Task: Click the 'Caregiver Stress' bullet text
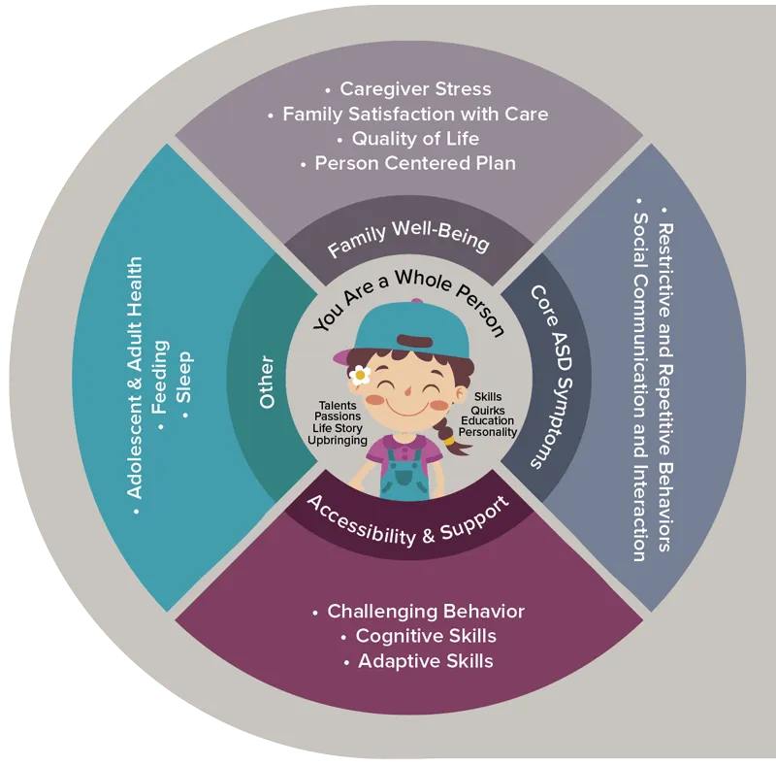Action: tap(415, 89)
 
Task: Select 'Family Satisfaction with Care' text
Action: tap(415, 115)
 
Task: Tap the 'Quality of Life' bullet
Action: tap(415, 139)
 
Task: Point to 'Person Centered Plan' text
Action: tap(415, 163)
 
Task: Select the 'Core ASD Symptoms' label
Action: tap(548, 375)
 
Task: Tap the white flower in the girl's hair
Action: tap(361, 374)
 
